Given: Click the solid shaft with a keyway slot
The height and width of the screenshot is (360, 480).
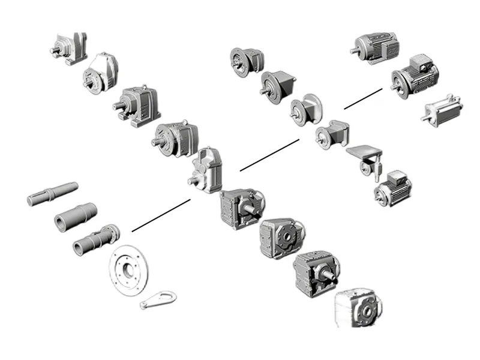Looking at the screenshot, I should pos(53,193).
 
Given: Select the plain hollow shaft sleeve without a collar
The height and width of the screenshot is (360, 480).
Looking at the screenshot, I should pos(74,215).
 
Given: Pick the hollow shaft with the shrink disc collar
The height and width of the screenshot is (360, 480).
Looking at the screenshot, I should pos(96,239).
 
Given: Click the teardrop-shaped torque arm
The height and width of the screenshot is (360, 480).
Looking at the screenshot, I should pos(159,299).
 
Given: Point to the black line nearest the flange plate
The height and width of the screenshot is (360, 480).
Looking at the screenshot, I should pos(161,215).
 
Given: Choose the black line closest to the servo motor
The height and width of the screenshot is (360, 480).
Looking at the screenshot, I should pos(363,98).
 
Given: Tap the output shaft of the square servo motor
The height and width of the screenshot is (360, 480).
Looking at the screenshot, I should pos(425,118).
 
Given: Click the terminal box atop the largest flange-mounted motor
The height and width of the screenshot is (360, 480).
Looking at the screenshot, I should pos(422,62).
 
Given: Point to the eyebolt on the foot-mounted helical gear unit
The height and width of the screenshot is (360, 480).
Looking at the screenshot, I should pos(145,88).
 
